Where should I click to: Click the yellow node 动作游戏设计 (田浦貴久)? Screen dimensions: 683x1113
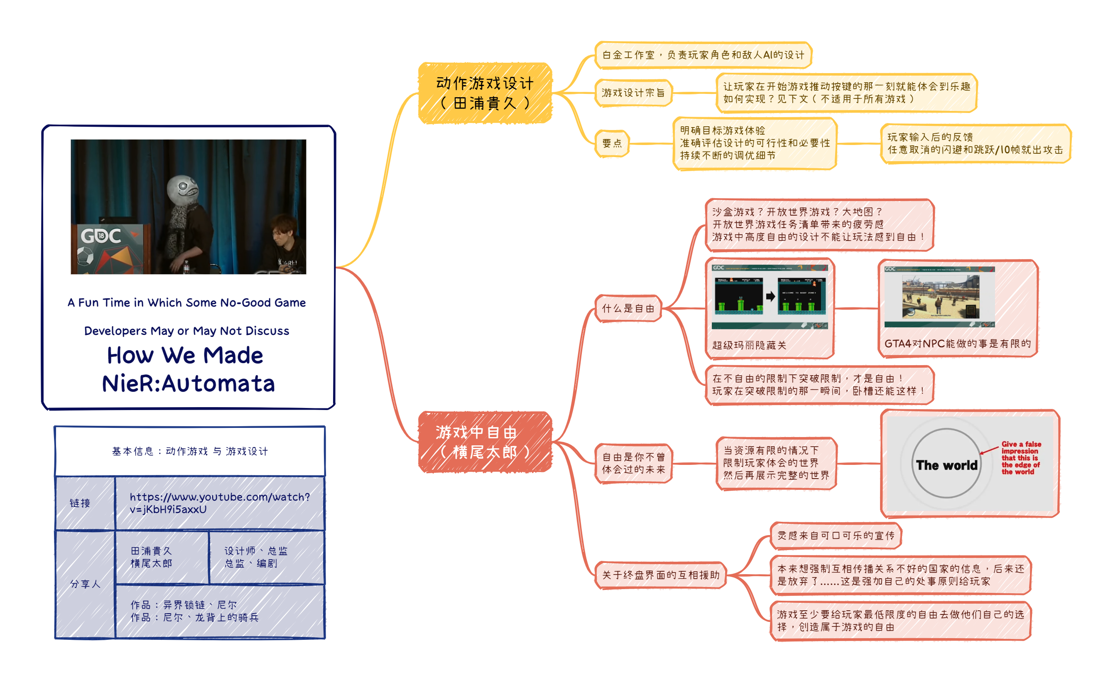[x=485, y=93]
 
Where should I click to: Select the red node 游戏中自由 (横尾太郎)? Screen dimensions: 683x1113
[x=485, y=442]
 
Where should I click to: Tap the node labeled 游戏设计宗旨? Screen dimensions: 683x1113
[x=633, y=93]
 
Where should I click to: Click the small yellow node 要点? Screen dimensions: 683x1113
[x=612, y=144]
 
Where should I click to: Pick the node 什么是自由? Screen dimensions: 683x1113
[x=628, y=309]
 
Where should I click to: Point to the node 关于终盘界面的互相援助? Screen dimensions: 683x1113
[x=660, y=575]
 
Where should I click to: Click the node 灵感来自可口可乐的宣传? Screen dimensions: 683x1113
[x=836, y=536]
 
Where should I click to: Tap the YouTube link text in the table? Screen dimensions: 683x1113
[x=220, y=503]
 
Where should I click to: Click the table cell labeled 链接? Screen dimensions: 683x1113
[x=81, y=503]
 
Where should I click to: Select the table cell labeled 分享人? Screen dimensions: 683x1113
[x=85, y=584]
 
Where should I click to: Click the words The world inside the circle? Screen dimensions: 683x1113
[x=946, y=465]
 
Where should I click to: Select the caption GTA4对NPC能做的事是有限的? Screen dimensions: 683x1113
[x=957, y=344]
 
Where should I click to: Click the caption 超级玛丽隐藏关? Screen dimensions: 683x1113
[x=749, y=346]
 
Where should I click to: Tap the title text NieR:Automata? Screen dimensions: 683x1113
[x=189, y=384]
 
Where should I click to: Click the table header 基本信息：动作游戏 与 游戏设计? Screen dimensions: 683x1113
[x=190, y=451]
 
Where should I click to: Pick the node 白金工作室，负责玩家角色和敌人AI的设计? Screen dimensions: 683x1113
[x=703, y=55]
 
